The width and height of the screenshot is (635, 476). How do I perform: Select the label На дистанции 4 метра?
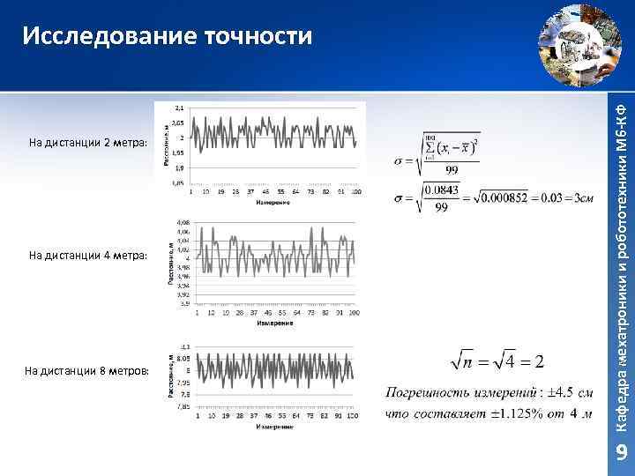coord(89,256)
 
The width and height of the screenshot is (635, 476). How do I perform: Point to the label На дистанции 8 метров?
coord(89,371)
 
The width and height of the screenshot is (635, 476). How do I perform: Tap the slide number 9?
coord(621,453)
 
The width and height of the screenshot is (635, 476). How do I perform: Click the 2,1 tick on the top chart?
coord(178,107)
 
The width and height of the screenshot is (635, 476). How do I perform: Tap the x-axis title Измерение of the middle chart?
coord(275,323)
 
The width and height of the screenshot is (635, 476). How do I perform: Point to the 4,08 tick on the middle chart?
coord(183,221)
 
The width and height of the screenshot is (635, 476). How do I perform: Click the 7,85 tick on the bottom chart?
coord(184,407)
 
